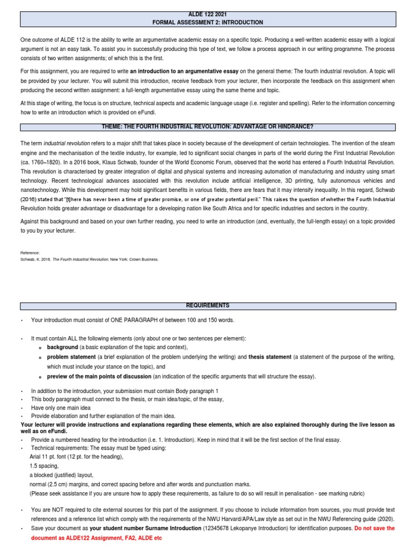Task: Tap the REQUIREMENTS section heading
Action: point(208,306)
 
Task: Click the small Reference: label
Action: point(30,253)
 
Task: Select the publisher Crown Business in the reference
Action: point(146,259)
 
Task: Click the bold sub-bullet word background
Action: point(63,347)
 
